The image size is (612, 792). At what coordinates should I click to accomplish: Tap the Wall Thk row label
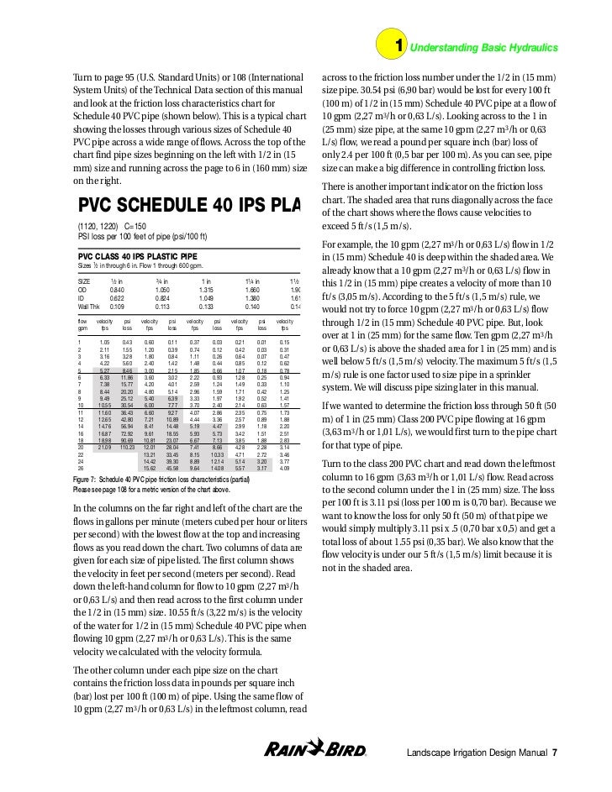[90, 307]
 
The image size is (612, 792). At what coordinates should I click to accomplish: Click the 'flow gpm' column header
[82, 324]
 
